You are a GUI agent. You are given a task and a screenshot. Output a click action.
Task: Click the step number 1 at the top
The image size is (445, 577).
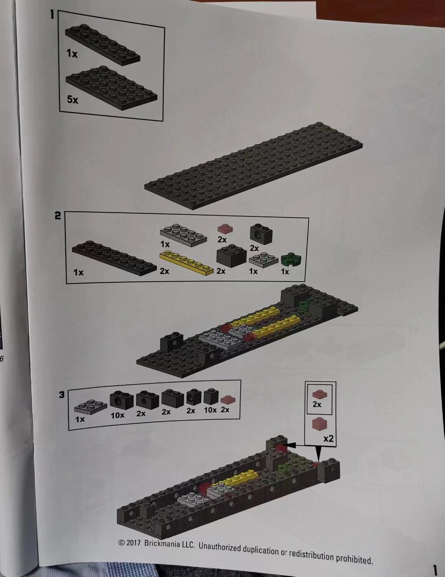(52, 14)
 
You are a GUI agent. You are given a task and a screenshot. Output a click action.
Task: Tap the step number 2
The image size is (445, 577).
(58, 216)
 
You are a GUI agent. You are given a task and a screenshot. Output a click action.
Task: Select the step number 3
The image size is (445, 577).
(62, 394)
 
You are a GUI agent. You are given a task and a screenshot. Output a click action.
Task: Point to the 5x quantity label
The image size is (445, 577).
(73, 100)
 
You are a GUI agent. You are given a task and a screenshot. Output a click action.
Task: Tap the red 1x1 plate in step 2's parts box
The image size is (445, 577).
(225, 229)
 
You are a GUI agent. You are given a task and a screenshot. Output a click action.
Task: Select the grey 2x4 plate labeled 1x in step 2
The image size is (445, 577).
(183, 235)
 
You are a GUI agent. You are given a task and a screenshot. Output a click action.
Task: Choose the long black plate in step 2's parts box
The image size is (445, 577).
(115, 258)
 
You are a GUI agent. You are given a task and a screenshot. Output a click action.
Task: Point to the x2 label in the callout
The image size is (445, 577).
(328, 439)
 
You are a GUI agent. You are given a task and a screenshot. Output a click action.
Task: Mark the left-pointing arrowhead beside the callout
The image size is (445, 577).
(290, 445)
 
